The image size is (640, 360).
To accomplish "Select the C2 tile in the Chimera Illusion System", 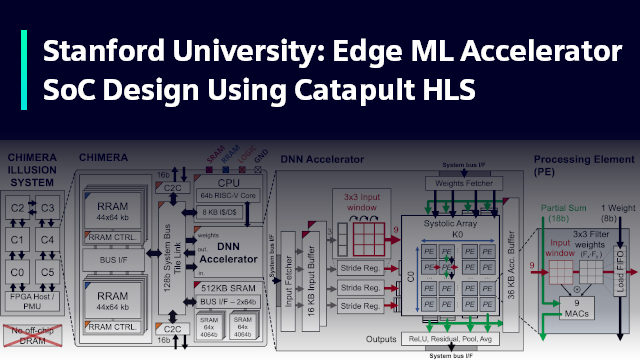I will tap(17, 206).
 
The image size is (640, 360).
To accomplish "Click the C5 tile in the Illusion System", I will tap(48, 270).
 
